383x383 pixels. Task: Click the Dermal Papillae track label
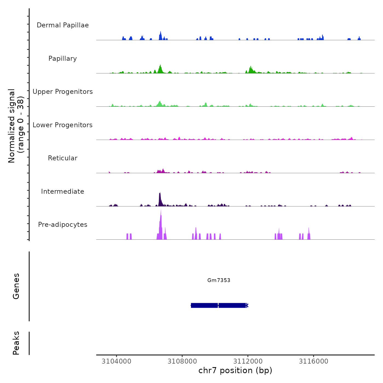click(63, 25)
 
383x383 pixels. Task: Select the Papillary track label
click(63, 59)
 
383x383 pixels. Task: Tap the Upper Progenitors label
click(63, 92)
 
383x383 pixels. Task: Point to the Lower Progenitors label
click(63, 125)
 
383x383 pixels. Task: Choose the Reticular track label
click(63, 158)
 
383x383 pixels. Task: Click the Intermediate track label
click(63, 191)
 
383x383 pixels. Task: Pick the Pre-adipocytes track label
click(63, 225)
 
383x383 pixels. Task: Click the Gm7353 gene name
click(219, 280)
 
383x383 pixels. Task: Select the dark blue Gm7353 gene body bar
click(219, 305)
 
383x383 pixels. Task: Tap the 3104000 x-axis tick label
click(116, 361)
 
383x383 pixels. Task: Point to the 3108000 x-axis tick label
click(182, 361)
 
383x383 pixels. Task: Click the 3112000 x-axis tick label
click(248, 361)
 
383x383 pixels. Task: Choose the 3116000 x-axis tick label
click(314, 361)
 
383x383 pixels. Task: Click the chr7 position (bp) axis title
click(235, 370)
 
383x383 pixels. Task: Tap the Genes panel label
click(16, 286)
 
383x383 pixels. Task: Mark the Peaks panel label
click(16, 343)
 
